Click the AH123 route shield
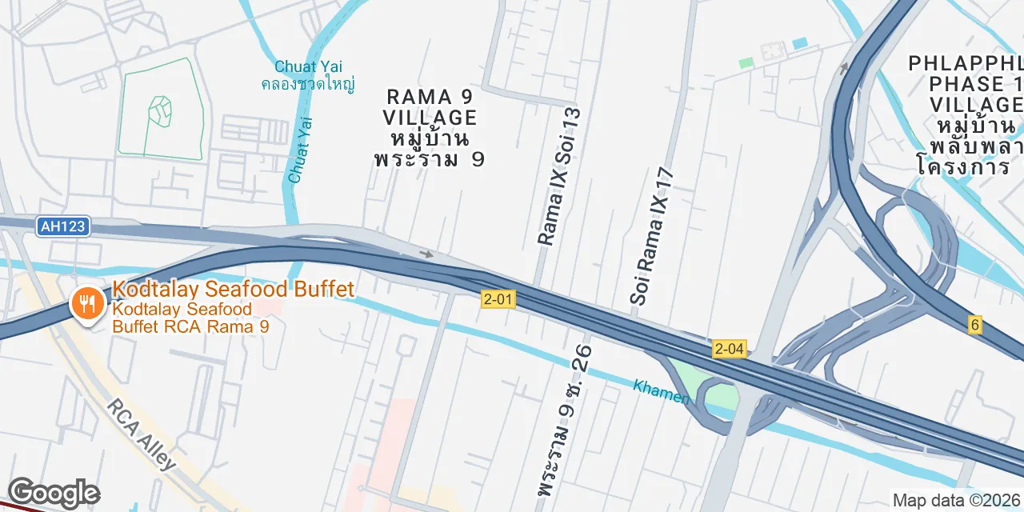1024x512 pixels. pyautogui.click(x=62, y=226)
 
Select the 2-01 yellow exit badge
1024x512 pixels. pyautogui.click(x=498, y=299)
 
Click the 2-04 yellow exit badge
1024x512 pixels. pyautogui.click(x=730, y=348)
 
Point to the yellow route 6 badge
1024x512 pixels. pyautogui.click(x=974, y=325)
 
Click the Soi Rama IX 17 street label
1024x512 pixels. pyautogui.click(x=653, y=236)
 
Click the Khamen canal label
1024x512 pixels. pyautogui.click(x=661, y=391)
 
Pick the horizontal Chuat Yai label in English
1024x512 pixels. pyautogui.click(x=308, y=66)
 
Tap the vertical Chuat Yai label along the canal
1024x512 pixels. pyautogui.click(x=300, y=150)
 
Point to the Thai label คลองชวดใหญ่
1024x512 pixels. pyautogui.click(x=308, y=83)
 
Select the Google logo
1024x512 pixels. pyautogui.click(x=54, y=494)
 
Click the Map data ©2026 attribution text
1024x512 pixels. pyautogui.click(x=957, y=501)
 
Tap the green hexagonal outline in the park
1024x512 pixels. pyautogui.click(x=161, y=112)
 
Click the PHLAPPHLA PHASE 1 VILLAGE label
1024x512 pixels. pyautogui.click(x=966, y=83)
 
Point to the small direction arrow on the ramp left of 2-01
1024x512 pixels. pyautogui.click(x=426, y=254)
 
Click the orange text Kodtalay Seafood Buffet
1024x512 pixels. pyautogui.click(x=233, y=289)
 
